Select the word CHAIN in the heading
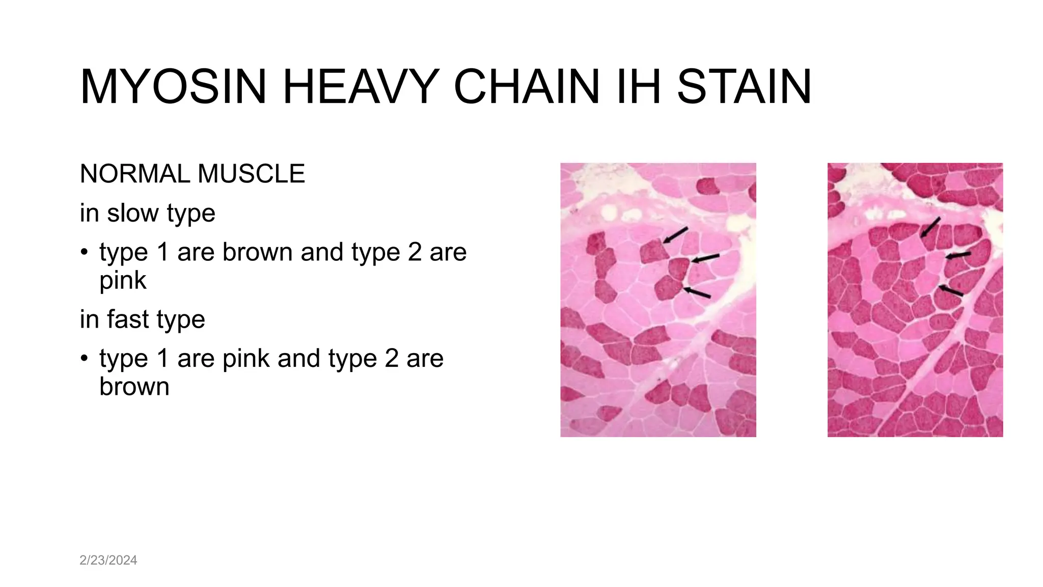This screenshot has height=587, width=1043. (x=527, y=87)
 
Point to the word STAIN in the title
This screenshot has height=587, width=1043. (x=744, y=87)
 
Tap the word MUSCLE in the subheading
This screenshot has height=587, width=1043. (x=251, y=174)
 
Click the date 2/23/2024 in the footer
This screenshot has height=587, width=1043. (x=108, y=560)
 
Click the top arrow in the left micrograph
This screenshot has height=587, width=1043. (x=675, y=235)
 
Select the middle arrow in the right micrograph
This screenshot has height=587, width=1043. (x=958, y=255)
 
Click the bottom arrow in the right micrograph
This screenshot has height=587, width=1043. (x=951, y=291)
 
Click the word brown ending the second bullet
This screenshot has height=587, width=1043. (x=134, y=386)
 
